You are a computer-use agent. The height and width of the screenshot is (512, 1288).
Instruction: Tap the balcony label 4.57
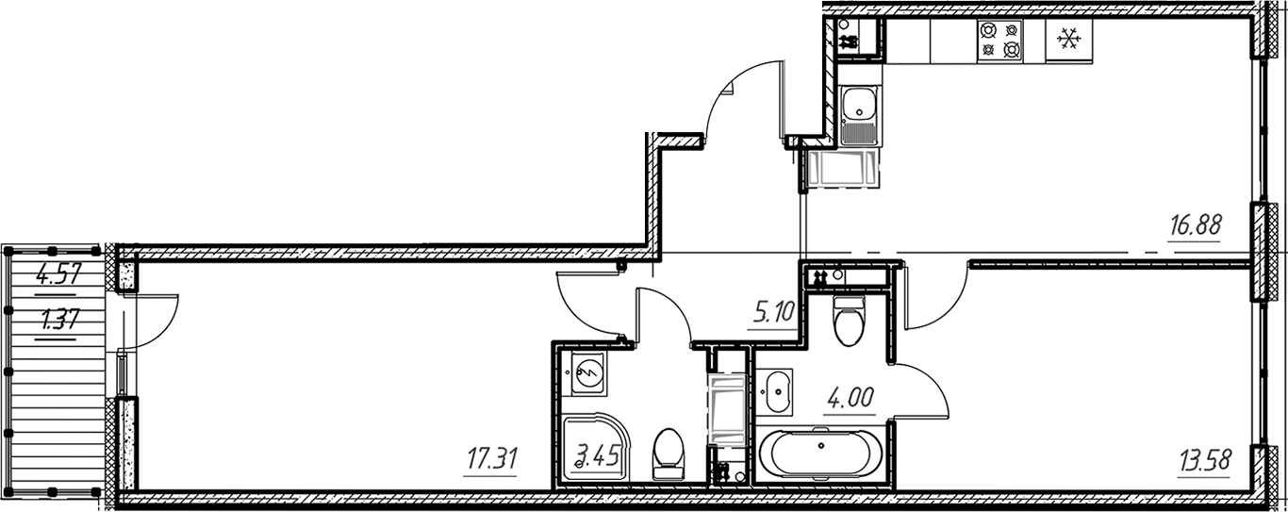pos(57,278)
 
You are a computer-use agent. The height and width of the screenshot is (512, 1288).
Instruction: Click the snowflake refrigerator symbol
pos(1068,40)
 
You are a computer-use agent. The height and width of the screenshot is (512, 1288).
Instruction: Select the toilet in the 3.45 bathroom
pos(669,453)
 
